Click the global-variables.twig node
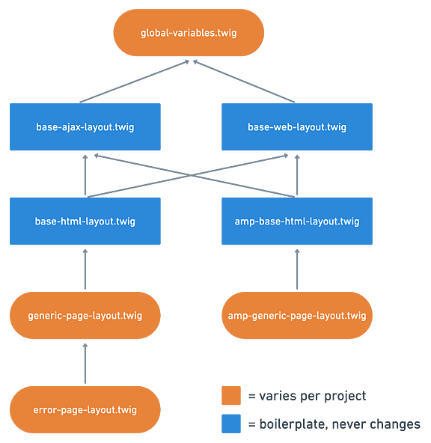click(189, 33)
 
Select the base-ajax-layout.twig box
click(85, 127)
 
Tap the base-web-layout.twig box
click(297, 127)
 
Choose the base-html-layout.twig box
click(85, 221)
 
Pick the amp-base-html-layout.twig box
click(297, 221)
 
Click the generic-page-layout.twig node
click(85, 315)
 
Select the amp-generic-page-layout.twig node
click(297, 315)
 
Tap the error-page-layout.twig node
click(85, 409)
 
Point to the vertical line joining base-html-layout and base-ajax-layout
click(85, 176)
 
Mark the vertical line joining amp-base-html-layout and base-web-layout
click(297, 176)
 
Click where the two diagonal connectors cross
click(191, 176)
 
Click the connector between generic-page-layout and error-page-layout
click(85, 364)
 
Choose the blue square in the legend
click(231, 424)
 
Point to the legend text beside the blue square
click(334, 424)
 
